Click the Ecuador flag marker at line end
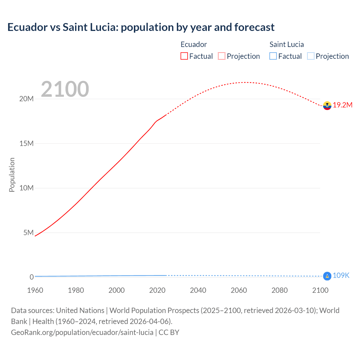(x=327, y=105)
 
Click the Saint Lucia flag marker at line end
(x=327, y=276)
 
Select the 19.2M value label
(x=343, y=105)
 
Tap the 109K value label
(x=341, y=276)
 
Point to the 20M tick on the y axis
(x=26, y=99)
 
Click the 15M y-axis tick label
(x=26, y=144)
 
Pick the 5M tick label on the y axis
(x=28, y=233)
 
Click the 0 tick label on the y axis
(x=31, y=277)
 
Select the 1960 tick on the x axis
(x=35, y=290)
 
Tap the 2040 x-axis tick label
(x=198, y=290)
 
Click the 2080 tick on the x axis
(x=280, y=290)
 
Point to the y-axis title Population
(x=12, y=175)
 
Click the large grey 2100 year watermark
(x=65, y=89)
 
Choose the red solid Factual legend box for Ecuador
(x=184, y=56)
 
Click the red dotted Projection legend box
(x=222, y=56)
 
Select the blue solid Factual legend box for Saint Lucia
(x=273, y=56)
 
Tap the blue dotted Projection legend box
(x=310, y=56)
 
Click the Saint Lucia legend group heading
(x=287, y=44)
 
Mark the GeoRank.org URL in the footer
(x=82, y=332)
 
